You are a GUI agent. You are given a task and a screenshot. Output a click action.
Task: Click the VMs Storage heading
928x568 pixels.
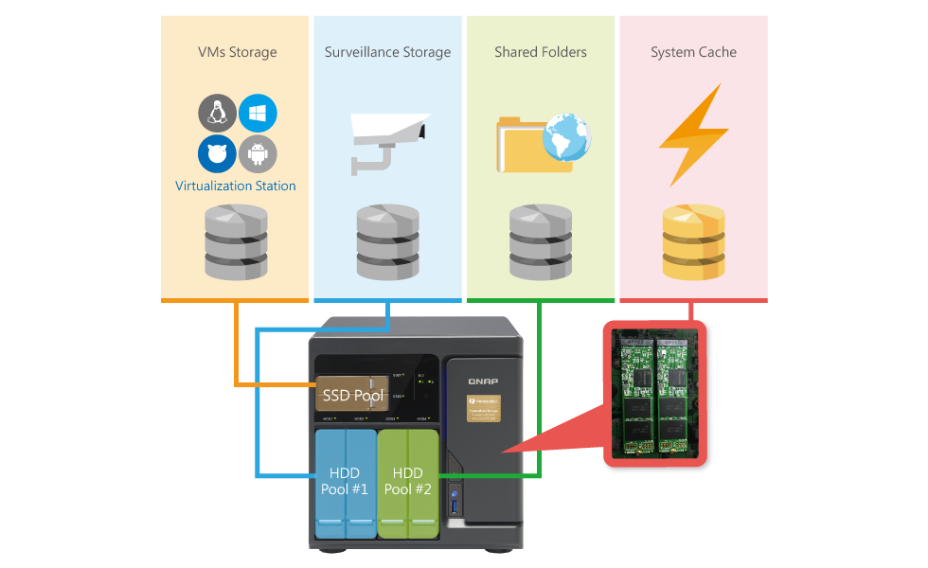(237, 52)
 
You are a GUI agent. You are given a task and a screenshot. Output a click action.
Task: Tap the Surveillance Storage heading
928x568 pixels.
(387, 52)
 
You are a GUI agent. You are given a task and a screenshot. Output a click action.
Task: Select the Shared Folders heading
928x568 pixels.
(540, 52)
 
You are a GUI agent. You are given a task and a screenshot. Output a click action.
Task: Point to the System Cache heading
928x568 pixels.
(693, 52)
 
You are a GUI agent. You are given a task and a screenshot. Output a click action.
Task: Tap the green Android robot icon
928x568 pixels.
(258, 153)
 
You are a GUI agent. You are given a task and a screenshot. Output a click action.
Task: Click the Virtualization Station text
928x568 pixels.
(236, 186)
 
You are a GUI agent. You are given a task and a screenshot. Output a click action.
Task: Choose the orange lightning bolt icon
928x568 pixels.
(693, 134)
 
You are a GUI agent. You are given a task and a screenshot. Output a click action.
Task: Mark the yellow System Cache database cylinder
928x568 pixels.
(693, 240)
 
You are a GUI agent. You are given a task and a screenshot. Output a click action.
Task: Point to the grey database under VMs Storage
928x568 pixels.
(236, 240)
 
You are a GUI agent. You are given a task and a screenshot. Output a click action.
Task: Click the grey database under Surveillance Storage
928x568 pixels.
(387, 240)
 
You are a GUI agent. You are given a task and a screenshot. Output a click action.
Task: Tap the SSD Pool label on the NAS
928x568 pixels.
(351, 395)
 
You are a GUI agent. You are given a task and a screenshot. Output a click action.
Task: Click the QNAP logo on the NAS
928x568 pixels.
(483, 381)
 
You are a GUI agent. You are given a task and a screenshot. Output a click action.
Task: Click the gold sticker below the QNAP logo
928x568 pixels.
(483, 408)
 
